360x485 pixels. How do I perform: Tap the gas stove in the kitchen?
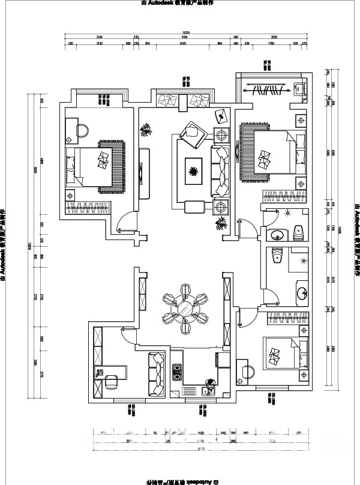(x=177, y=372)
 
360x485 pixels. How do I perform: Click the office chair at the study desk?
(x=112, y=383)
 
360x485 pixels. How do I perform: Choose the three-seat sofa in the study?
(x=157, y=374)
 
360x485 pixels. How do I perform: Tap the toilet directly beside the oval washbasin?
(x=298, y=230)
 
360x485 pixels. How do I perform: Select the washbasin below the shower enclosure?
(x=299, y=294)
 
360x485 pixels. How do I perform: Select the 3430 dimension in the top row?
(x=182, y=44)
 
